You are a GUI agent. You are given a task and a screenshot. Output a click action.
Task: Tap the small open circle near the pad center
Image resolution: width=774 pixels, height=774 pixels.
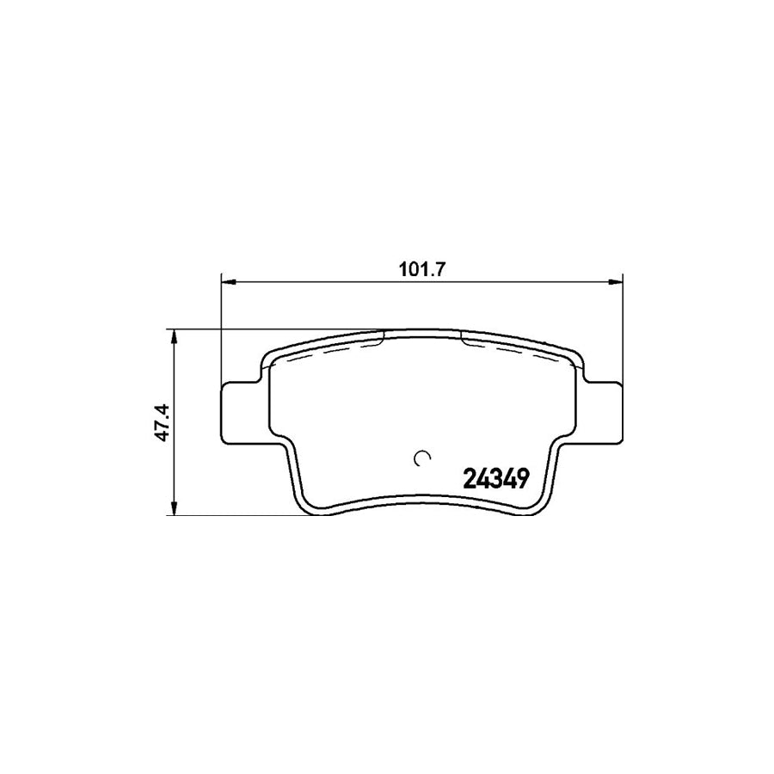coord(421,458)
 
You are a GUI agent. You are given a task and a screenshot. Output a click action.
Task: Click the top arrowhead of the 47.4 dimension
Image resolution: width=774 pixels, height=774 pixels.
coord(175,335)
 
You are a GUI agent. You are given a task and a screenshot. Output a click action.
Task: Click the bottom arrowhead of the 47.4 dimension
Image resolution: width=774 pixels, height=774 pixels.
coord(175,509)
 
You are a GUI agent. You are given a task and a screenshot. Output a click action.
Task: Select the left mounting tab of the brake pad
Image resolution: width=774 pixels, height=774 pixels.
coord(242,412)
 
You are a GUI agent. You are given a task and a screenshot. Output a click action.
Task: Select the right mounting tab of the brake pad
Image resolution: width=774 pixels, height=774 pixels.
coord(601,412)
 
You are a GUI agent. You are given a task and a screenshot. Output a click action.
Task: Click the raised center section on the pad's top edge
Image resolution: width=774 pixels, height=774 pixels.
coord(421,330)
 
